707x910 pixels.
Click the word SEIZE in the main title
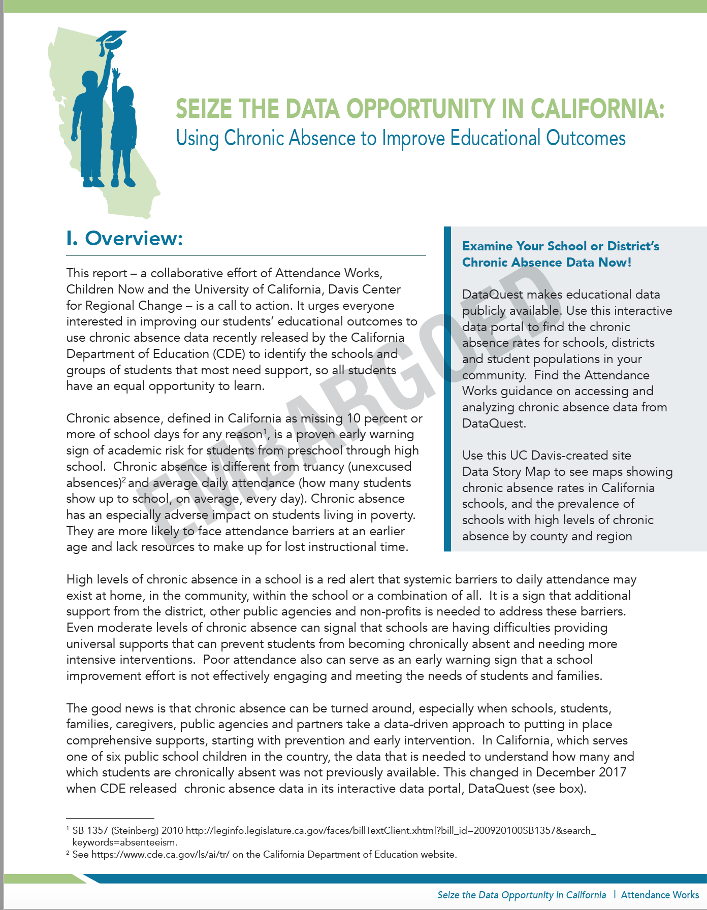coord(204,109)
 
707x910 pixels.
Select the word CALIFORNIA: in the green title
coord(597,109)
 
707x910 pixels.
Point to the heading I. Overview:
coord(124,238)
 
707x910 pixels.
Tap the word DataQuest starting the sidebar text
coord(492,295)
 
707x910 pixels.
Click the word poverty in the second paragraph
coord(392,515)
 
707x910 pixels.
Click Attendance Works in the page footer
coord(660,895)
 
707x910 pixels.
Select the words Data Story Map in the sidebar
coord(506,472)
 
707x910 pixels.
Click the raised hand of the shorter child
coord(116,74)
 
